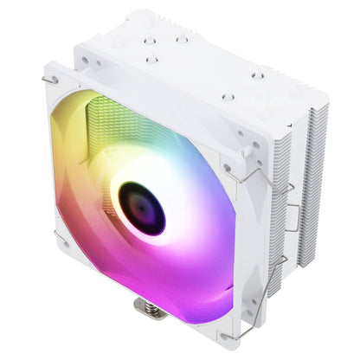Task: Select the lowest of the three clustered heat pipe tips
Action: pyautogui.click(x=152, y=59)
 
